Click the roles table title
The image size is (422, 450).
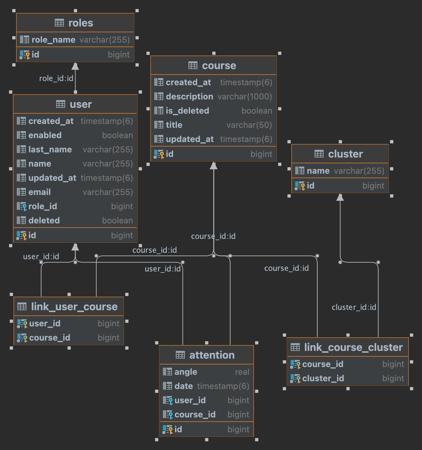pos(80,23)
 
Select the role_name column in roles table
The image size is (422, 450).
pos(53,40)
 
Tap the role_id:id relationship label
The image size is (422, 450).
pos(56,78)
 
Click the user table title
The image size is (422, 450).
pos(81,104)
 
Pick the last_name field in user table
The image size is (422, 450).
pos(50,149)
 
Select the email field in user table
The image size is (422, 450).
pos(39,192)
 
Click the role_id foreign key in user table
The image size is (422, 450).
pos(43,206)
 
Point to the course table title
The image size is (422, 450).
pos(219,66)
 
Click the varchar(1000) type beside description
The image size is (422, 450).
pos(245,97)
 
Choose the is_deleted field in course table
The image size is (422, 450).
pos(187,111)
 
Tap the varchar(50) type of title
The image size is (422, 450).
pos(249,125)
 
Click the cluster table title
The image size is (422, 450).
pos(345,154)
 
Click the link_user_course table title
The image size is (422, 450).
pos(74,307)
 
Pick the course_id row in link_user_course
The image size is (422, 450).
pos(50,338)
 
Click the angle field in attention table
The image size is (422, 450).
pos(186,372)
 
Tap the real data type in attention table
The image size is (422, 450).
pos(242,372)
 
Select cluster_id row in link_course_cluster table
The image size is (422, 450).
pos(323,378)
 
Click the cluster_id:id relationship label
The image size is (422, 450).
pos(354,307)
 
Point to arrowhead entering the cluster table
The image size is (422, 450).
pos(340,197)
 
